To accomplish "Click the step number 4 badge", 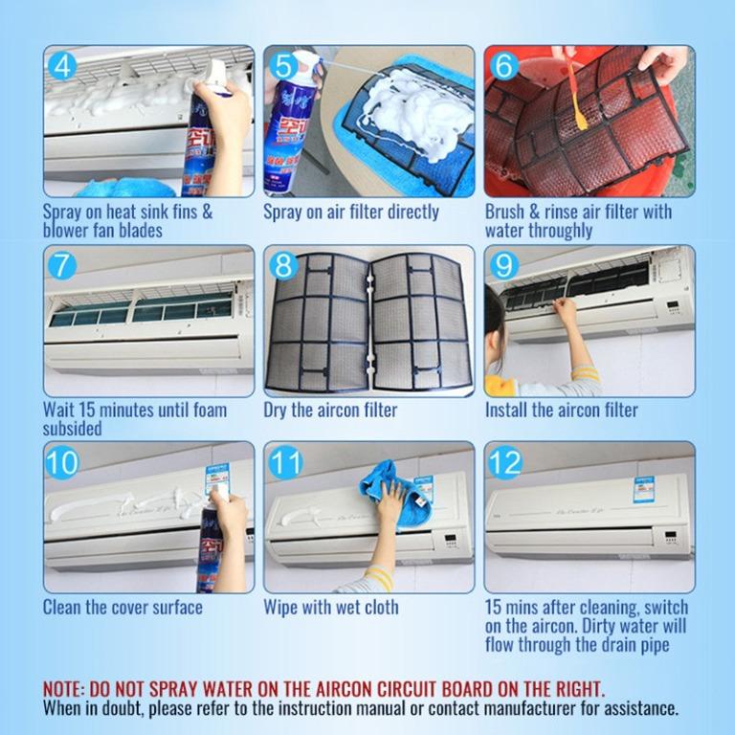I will [x=63, y=67].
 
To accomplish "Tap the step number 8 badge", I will [x=284, y=266].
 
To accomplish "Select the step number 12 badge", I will [x=504, y=463].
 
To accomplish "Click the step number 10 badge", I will [x=63, y=463].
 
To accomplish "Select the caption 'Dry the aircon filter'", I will [x=330, y=410].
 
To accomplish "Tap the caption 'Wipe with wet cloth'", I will [x=331, y=607].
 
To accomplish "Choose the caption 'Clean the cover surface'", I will [x=122, y=607].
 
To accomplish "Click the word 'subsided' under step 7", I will [x=72, y=429].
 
